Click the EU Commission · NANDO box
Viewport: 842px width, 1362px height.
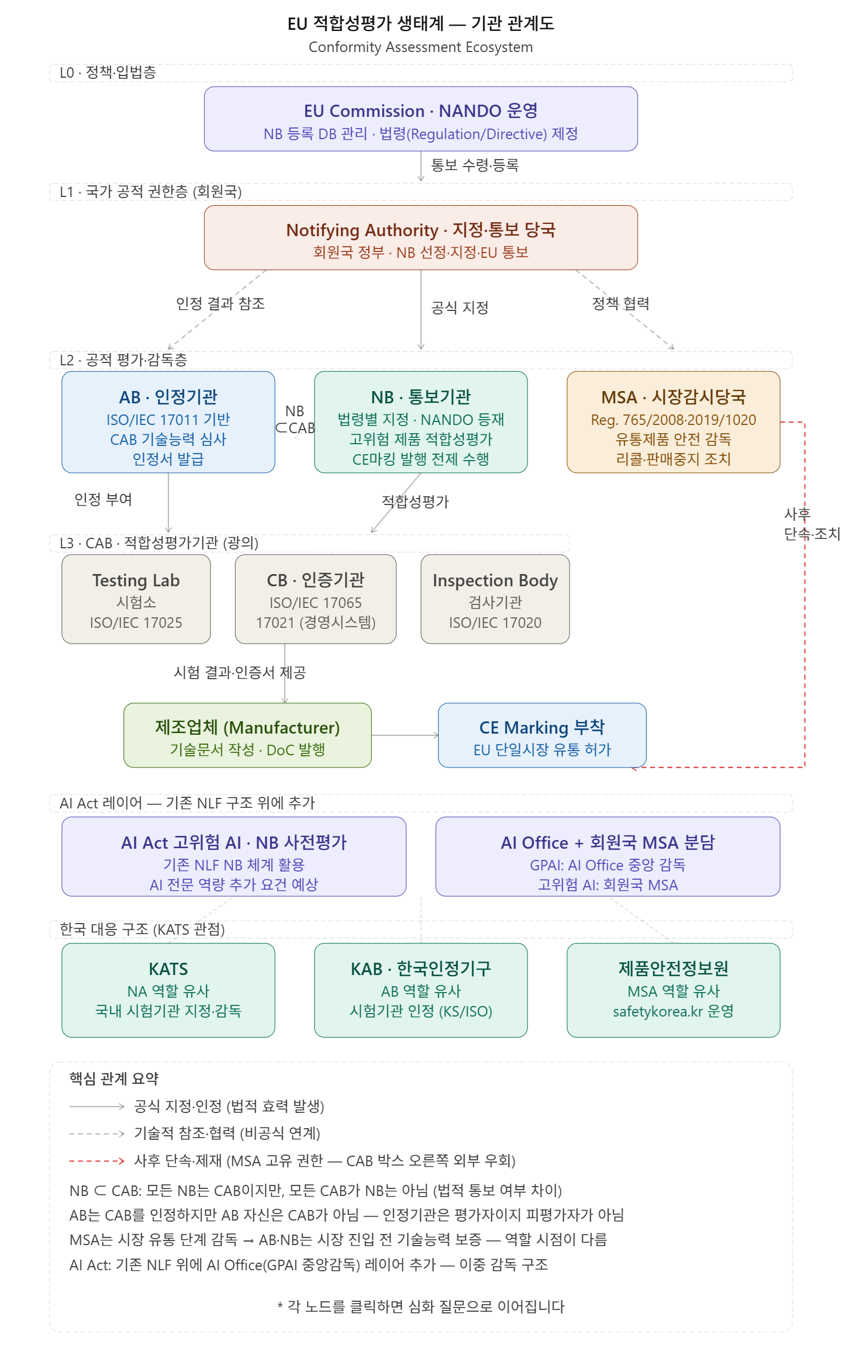tap(420, 119)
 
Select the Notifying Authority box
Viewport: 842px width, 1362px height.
tap(420, 237)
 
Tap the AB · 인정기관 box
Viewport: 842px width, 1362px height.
tap(168, 421)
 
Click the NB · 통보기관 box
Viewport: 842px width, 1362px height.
tap(420, 421)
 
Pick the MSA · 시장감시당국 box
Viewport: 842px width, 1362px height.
tap(673, 421)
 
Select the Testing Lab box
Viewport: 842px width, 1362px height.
tap(136, 599)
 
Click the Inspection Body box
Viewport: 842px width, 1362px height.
tap(495, 599)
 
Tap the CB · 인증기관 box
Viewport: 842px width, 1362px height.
tap(315, 599)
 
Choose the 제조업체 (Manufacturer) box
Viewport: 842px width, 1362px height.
tap(247, 735)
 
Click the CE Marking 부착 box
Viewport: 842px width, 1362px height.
tap(542, 735)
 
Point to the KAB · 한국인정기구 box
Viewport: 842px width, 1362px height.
tap(420, 990)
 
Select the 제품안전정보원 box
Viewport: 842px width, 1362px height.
tap(673, 990)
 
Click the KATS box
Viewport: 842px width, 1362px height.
tap(168, 990)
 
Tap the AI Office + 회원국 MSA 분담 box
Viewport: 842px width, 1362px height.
tap(608, 856)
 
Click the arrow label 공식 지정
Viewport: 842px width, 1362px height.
tap(460, 307)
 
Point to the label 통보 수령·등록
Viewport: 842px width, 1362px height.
tap(475, 165)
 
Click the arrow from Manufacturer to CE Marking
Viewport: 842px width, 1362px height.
tap(405, 735)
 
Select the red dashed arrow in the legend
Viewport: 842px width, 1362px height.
tap(96, 1160)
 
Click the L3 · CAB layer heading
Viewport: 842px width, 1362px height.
tap(159, 543)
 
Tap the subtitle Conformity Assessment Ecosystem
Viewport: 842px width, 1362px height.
tap(420, 47)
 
